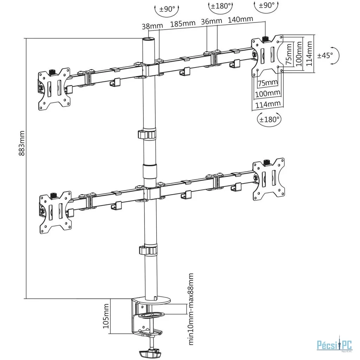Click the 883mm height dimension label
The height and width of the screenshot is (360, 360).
(22, 143)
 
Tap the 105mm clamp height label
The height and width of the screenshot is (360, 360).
(105, 316)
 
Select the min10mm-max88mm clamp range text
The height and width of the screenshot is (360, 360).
(191, 309)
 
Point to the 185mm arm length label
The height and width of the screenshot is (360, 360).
(183, 24)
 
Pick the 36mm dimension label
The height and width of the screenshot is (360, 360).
(211, 21)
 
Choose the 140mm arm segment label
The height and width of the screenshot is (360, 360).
(240, 19)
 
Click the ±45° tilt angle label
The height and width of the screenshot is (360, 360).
(325, 55)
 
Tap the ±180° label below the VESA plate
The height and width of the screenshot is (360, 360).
(269, 120)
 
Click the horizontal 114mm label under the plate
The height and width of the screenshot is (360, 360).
(268, 104)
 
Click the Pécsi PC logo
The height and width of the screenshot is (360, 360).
(335, 345)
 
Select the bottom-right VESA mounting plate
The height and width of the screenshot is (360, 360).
(269, 179)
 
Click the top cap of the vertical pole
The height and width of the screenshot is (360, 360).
(148, 39)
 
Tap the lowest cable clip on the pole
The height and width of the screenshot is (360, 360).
(147, 250)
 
